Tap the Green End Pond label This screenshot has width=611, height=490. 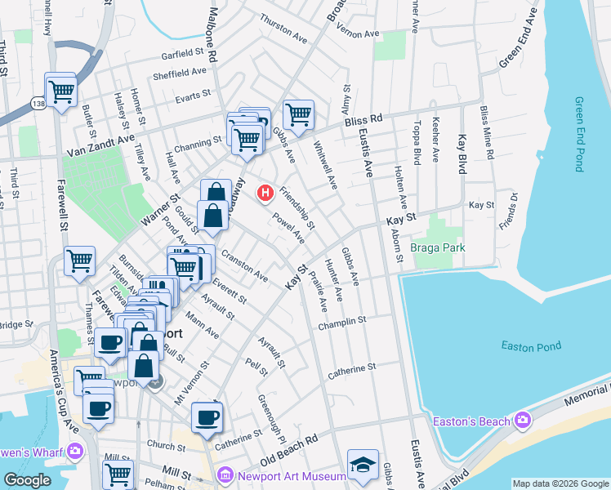(x=578, y=135)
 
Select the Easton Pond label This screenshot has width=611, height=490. (x=531, y=346)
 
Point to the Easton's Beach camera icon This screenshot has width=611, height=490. (x=523, y=421)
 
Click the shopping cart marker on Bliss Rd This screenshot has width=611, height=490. (x=298, y=114)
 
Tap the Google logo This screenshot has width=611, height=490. (x=27, y=480)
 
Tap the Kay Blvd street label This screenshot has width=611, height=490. (x=462, y=154)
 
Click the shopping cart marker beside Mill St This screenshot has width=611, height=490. (x=118, y=474)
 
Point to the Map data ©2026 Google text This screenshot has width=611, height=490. (x=560, y=483)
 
